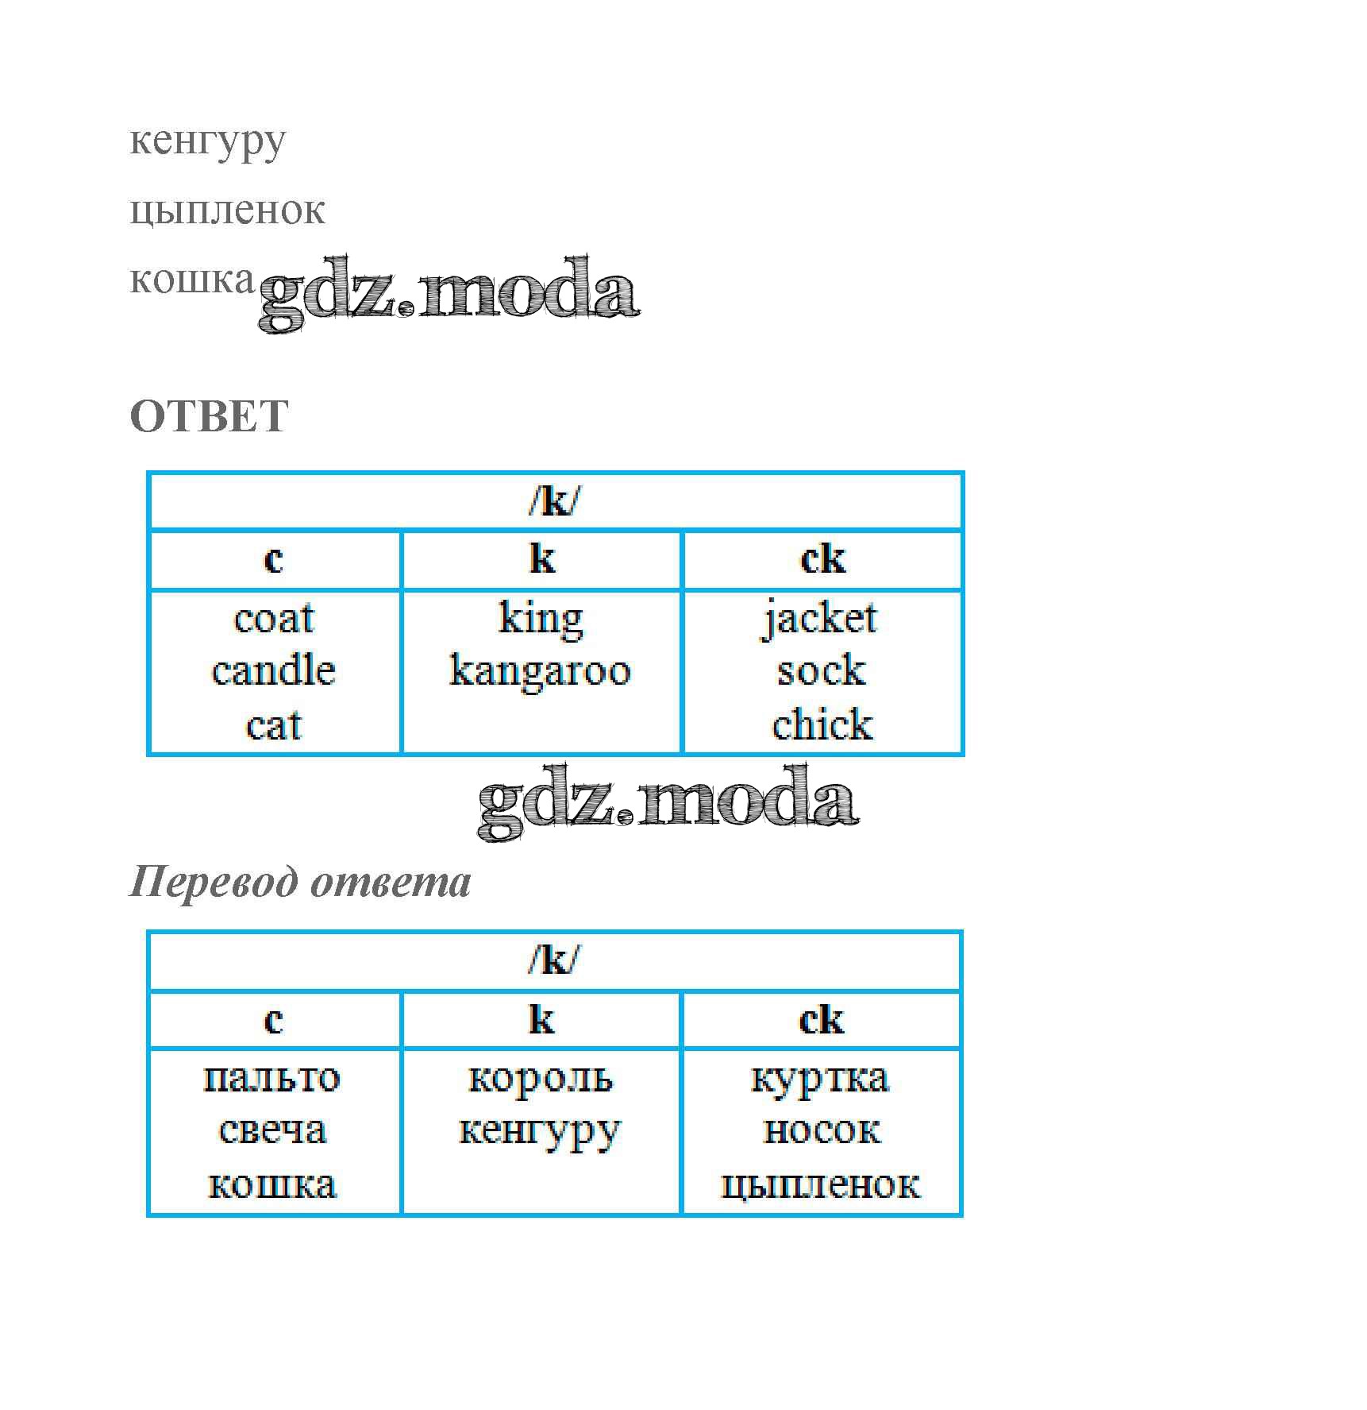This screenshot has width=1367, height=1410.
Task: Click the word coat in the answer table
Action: [x=274, y=619]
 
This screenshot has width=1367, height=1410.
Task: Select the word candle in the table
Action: [x=274, y=671]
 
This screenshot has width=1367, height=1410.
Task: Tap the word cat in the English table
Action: [x=274, y=725]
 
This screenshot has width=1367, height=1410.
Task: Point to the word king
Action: [x=541, y=619]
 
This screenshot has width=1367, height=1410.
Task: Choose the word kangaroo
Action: [x=541, y=671]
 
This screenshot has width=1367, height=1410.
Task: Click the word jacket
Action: [x=821, y=619]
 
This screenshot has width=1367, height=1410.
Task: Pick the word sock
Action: [x=821, y=671]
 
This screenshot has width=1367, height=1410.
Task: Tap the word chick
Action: [x=822, y=725]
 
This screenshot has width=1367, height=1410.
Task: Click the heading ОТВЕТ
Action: [x=209, y=416]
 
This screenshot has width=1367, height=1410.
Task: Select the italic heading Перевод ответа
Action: [x=300, y=882]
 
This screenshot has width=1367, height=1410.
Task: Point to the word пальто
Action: [x=272, y=1078]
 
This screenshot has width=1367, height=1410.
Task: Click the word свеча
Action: [x=272, y=1130]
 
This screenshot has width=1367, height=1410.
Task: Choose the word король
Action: [x=541, y=1078]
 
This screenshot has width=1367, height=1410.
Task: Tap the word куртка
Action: [x=820, y=1078]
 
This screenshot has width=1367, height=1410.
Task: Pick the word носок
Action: [x=821, y=1130]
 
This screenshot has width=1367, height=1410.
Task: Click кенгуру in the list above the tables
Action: [x=207, y=141]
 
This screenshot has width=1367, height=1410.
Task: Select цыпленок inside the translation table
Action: [x=820, y=1184]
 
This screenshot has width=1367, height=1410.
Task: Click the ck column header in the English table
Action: [x=822, y=559]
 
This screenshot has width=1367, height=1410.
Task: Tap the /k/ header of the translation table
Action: [x=554, y=960]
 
